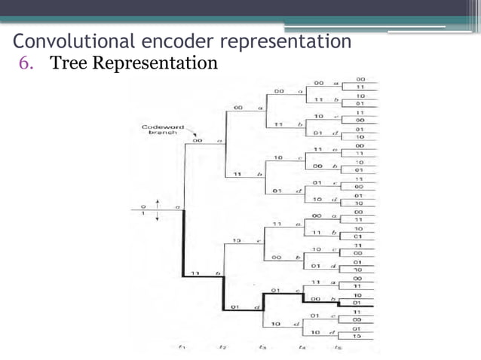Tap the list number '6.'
[27, 63]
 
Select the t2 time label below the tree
[222, 347]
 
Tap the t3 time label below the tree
[262, 347]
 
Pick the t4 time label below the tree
[302, 347]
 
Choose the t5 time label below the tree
[340, 347]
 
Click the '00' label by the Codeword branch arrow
[198, 140]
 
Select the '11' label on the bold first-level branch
[195, 273]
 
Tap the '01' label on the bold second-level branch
[235, 307]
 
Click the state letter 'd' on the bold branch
[256, 307]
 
